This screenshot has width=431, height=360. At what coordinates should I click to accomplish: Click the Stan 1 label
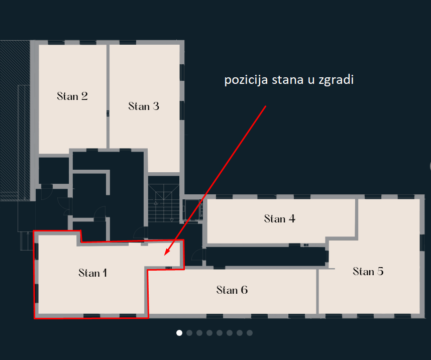92,273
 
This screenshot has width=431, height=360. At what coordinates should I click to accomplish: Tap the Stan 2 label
72,96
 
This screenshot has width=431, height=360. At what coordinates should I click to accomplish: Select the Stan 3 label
144,106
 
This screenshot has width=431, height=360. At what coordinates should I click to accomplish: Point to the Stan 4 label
279,219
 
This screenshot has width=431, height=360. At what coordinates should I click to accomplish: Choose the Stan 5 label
368,272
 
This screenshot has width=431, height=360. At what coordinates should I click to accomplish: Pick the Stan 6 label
232,290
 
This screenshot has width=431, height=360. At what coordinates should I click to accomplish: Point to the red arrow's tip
165,255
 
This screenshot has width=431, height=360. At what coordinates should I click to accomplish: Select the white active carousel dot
179,333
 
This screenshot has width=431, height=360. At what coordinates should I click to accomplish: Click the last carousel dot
250,333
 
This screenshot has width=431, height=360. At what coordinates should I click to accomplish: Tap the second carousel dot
189,333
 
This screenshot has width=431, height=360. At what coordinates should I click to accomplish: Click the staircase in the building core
164,203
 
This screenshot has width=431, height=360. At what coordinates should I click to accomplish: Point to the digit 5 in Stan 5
380,272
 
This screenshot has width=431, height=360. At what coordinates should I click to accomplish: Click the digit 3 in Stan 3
156,106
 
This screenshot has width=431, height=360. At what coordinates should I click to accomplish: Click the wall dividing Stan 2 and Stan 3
108,96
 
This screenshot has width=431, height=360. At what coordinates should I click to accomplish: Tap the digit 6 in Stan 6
244,290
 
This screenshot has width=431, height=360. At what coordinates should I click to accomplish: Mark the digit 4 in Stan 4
292,219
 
